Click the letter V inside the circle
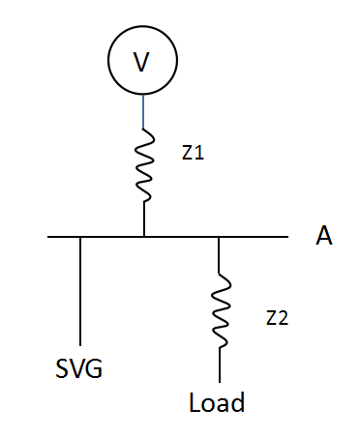[x=141, y=62]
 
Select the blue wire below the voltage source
[x=143, y=111]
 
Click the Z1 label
[x=193, y=153]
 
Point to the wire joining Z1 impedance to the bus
[x=144, y=219]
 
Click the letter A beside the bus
[x=323, y=235]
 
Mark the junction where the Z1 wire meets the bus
[x=144, y=237]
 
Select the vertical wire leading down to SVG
[x=80, y=291]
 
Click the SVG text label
[x=79, y=368]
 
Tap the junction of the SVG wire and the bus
[x=80, y=237]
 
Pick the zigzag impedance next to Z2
[x=221, y=310]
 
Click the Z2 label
[x=277, y=318]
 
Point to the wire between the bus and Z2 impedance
[x=219, y=255]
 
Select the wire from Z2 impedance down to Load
[x=220, y=365]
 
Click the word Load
[x=217, y=402]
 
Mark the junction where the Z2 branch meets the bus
[x=219, y=237]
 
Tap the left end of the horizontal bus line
[x=47, y=237]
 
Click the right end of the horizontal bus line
[x=288, y=237]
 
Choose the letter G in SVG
[x=94, y=368]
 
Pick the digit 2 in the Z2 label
[x=283, y=318]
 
